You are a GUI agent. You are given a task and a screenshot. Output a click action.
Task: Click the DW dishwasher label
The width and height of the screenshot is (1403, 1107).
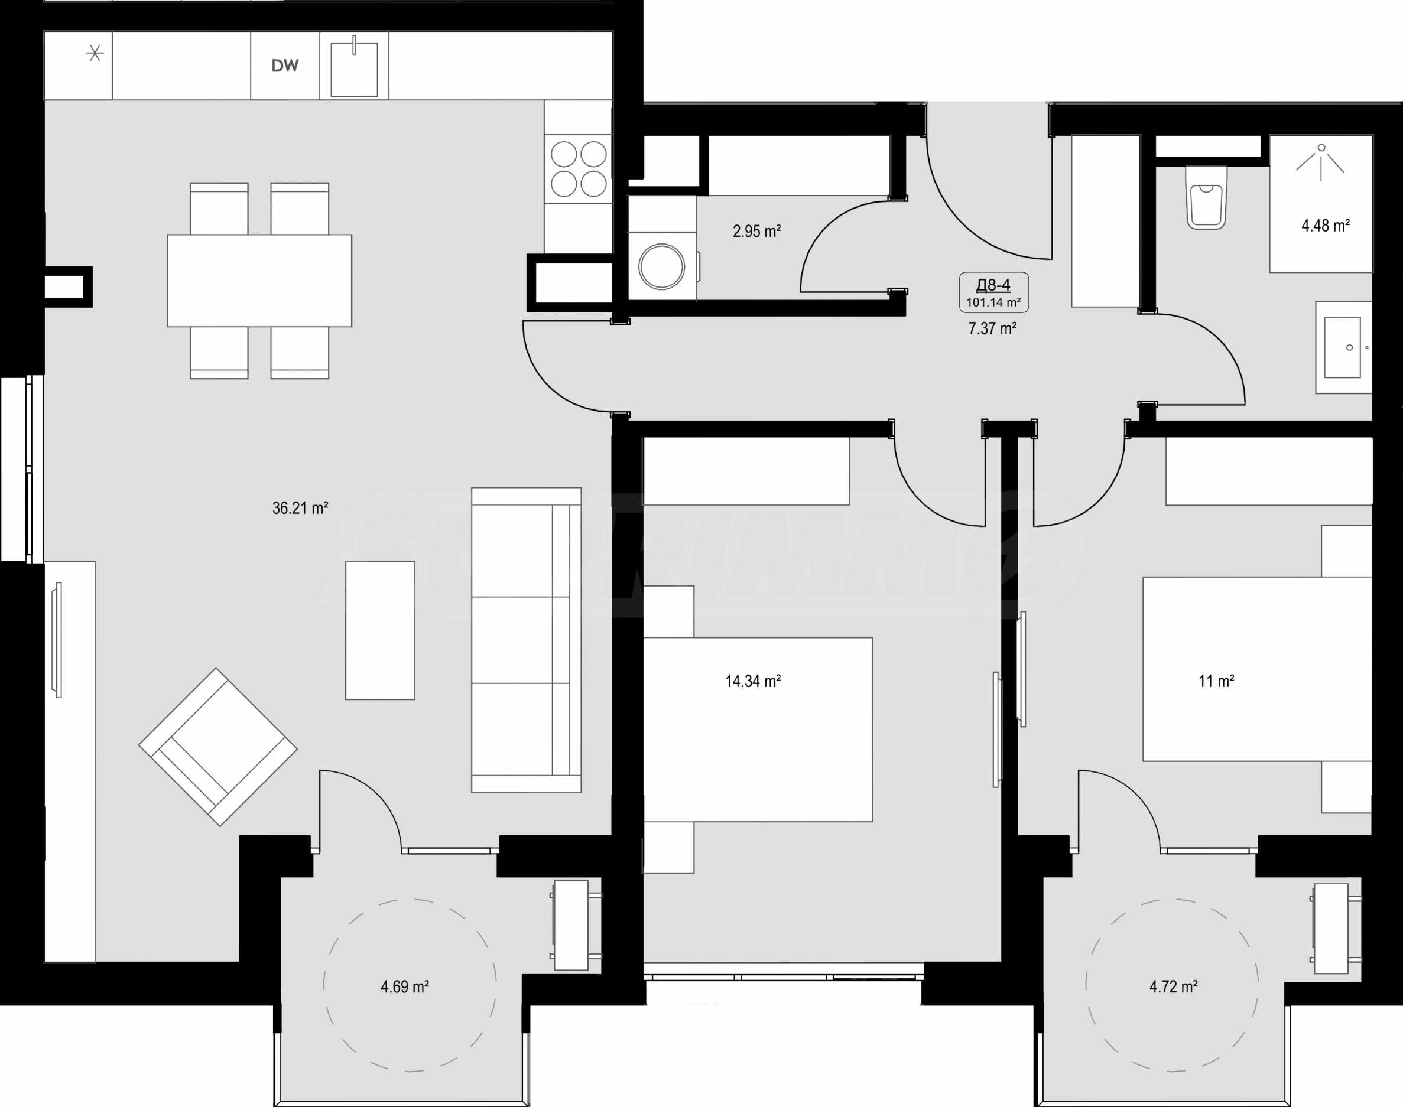click(x=285, y=66)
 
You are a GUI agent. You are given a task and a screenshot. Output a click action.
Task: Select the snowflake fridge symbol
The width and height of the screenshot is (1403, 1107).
click(x=95, y=53)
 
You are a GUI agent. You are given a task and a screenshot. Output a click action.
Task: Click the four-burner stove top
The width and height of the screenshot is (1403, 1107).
click(x=579, y=168)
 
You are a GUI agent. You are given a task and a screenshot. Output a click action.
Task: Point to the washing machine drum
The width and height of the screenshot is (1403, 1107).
click(x=661, y=266)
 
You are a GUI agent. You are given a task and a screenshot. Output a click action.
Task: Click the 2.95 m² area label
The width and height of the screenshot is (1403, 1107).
click(x=756, y=232)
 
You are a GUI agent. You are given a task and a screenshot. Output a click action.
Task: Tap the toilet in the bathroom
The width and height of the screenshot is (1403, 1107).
click(x=1206, y=198)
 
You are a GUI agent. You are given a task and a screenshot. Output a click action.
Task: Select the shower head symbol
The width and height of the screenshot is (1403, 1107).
click(x=1321, y=162)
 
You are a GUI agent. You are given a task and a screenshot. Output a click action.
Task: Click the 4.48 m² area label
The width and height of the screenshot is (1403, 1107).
click(x=1326, y=226)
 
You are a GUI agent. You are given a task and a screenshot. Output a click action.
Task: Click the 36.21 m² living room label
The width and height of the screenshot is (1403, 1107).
click(x=300, y=508)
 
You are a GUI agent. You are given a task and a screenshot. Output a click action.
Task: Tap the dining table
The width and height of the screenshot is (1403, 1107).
click(x=259, y=281)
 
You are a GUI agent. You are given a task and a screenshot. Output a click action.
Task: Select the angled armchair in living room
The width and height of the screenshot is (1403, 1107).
click(x=218, y=747)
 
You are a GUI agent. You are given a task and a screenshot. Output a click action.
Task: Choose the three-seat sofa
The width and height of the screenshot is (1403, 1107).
click(x=527, y=640)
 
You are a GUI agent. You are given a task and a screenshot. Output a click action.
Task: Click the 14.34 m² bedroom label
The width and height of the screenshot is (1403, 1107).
click(x=754, y=681)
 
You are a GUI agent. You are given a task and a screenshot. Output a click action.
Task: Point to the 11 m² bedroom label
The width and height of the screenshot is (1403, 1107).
click(x=1216, y=681)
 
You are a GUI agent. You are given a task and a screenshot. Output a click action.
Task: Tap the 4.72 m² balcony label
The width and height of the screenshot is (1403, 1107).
click(x=1174, y=987)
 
